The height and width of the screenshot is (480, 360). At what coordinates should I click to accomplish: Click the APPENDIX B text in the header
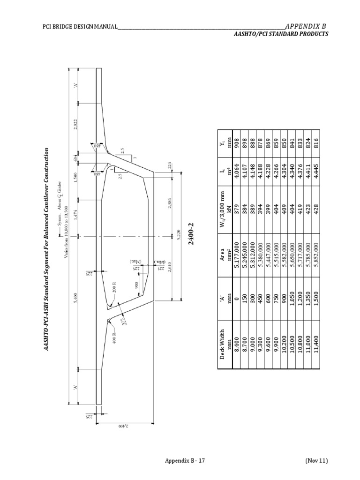pos(305,26)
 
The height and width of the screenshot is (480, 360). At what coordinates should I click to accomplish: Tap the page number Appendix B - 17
pos(185,461)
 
